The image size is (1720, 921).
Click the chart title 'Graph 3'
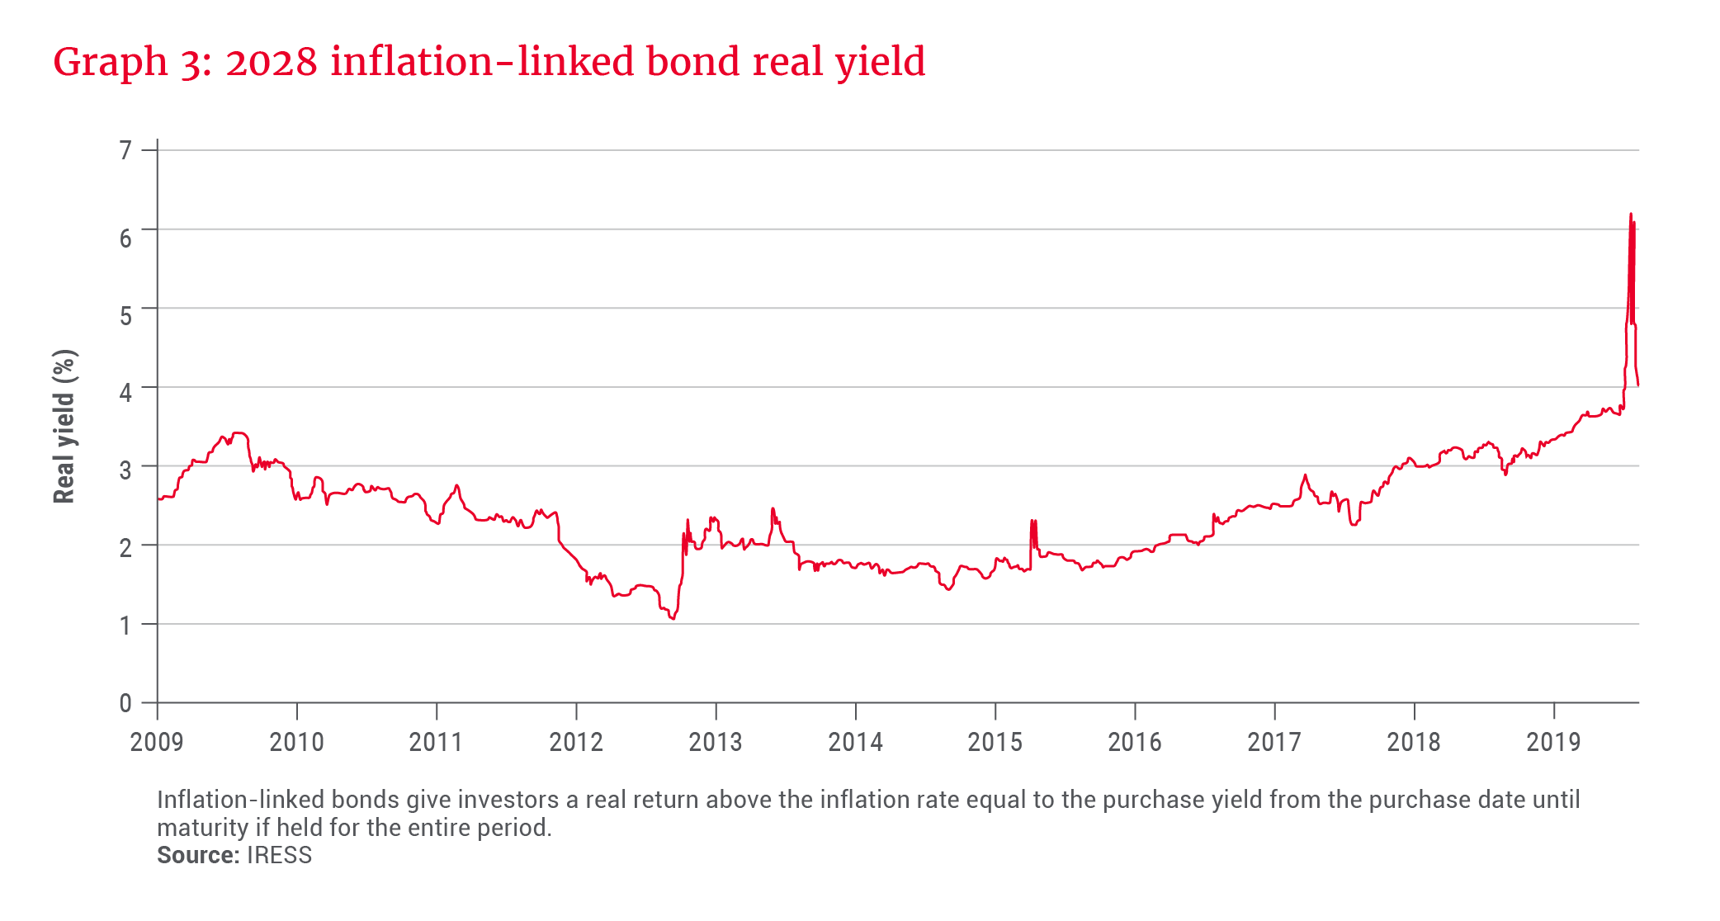(135, 63)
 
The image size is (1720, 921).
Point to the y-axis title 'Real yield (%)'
(64, 426)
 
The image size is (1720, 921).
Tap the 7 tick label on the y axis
(125, 150)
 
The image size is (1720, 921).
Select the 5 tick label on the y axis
(125, 315)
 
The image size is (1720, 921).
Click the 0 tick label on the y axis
(125, 703)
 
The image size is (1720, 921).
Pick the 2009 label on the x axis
(157, 742)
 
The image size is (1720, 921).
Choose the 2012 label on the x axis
(576, 742)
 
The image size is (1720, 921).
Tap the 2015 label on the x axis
(995, 742)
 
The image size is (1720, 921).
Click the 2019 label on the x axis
(1553, 742)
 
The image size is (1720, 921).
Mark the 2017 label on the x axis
(1273, 742)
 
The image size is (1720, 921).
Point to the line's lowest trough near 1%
(673, 618)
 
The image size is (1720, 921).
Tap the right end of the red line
(1638, 385)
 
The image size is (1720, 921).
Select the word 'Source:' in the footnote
(198, 855)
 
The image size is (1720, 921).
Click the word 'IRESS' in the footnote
(280, 855)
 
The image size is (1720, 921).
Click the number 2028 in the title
(272, 63)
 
